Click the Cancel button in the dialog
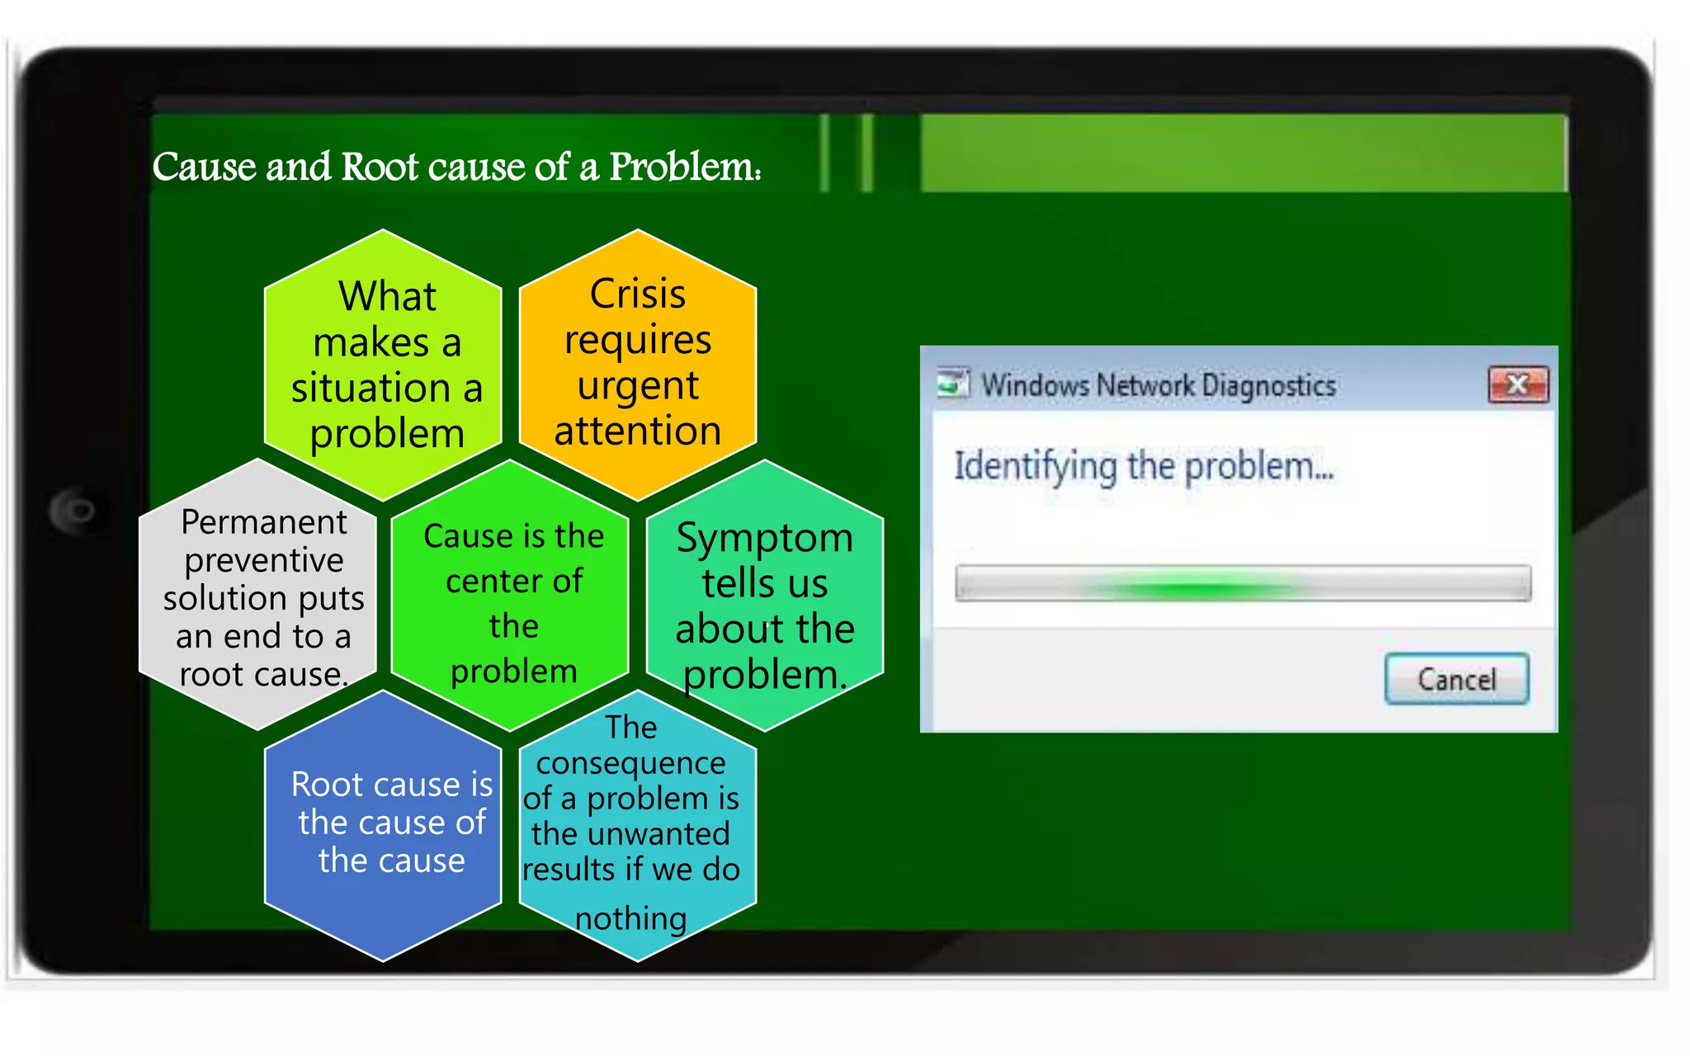click(1456, 679)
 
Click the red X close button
click(1518, 384)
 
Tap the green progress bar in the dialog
click(1242, 584)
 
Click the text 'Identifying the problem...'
click(1143, 466)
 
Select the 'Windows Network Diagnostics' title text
click(1158, 385)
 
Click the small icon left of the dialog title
click(952, 384)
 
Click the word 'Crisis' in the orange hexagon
click(637, 295)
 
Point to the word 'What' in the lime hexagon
click(386, 296)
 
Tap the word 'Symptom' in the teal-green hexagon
click(764, 539)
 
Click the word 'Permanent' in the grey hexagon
click(263, 522)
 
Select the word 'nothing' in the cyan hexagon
click(630, 918)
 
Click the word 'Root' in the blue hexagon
click(327, 785)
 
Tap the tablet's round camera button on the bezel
click(76, 511)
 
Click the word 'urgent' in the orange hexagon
click(637, 386)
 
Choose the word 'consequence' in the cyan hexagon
click(630, 763)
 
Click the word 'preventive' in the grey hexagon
click(263, 561)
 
